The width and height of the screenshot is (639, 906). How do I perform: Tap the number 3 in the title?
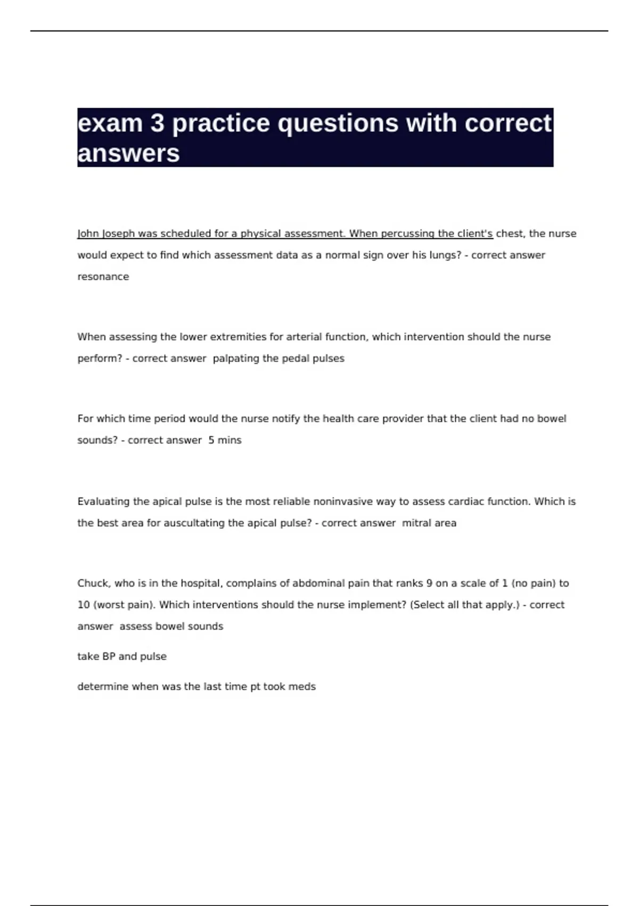pyautogui.click(x=157, y=124)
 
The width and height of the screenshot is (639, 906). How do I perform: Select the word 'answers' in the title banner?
pyautogui.click(x=128, y=153)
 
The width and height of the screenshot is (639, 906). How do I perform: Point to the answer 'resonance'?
pyautogui.click(x=103, y=277)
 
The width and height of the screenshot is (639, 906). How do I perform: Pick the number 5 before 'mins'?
pyautogui.click(x=211, y=440)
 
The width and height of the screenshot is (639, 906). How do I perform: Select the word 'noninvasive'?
pyautogui.click(x=343, y=501)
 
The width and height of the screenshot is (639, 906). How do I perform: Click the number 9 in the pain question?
pyautogui.click(x=429, y=583)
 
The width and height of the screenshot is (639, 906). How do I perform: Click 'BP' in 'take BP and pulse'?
pyautogui.click(x=109, y=657)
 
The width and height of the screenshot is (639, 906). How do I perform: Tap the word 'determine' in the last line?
pyautogui.click(x=103, y=687)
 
